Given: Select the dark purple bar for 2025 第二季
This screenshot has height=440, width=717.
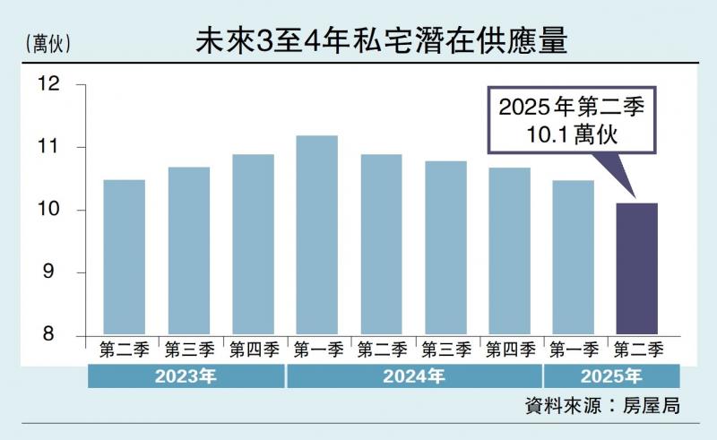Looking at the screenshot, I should click(x=637, y=269).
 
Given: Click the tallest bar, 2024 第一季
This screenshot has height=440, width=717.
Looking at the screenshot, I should click(x=316, y=235).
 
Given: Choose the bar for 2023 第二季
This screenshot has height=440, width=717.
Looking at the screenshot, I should click(x=125, y=257).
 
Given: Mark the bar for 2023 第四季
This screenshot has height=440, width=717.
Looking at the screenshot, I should click(x=253, y=245).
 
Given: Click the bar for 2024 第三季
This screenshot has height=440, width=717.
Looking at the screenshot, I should click(x=445, y=248).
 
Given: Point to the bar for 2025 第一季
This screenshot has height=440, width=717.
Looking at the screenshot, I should click(x=573, y=257).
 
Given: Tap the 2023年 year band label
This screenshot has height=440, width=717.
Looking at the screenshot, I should click(x=186, y=375).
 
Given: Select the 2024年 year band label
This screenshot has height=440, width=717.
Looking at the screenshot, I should click(x=413, y=375).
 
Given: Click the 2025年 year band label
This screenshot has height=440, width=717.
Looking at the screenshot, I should click(x=611, y=375).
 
